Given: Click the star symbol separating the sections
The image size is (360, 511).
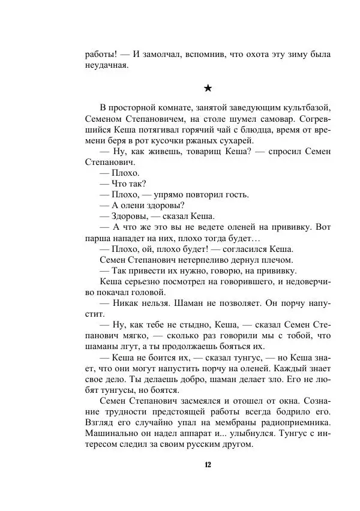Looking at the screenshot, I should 208,88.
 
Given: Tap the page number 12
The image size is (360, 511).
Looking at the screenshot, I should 208,465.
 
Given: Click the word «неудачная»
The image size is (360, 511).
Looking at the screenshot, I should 107,65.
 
